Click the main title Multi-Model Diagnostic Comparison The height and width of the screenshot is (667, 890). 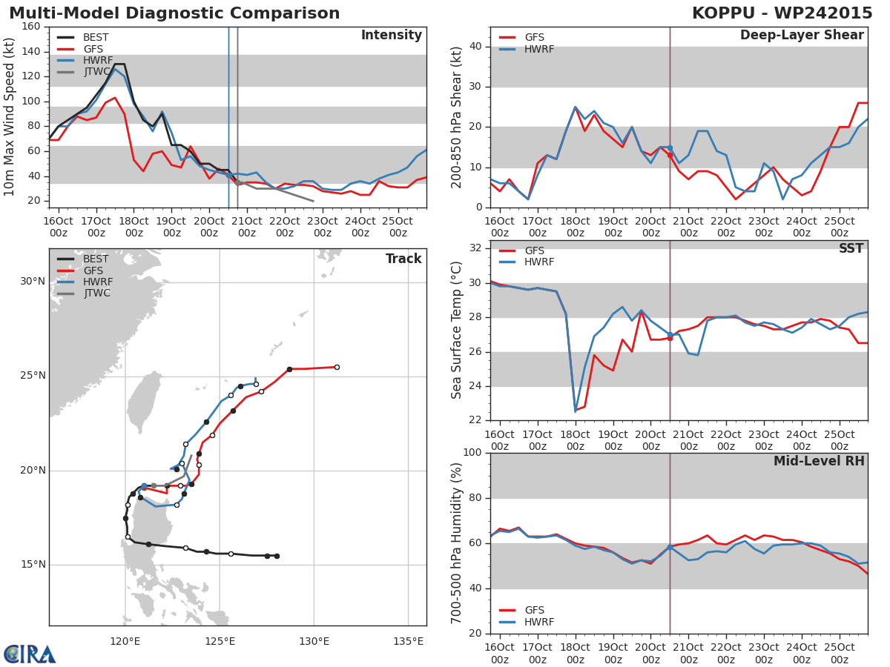point(174,13)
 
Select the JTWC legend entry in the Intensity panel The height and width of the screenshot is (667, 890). point(96,72)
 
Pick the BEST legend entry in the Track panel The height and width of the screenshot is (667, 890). point(96,259)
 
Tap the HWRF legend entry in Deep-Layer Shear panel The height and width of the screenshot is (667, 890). point(538,49)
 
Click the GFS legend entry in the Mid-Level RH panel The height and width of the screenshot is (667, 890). point(534,610)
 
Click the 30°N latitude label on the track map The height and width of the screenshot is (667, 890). point(33,282)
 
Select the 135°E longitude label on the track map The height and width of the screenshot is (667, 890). point(408,641)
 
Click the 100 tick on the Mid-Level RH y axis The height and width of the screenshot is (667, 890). point(473,453)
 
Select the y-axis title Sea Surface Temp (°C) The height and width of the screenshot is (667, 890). point(457,331)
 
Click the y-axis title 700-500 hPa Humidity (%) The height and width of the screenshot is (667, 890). point(457,542)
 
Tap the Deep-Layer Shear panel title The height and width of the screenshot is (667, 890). point(802,36)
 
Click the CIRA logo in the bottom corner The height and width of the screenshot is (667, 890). point(30,654)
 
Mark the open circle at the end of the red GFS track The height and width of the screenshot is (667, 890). point(337,367)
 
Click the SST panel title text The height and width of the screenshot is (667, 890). point(851,249)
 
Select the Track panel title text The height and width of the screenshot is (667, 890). point(403,259)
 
